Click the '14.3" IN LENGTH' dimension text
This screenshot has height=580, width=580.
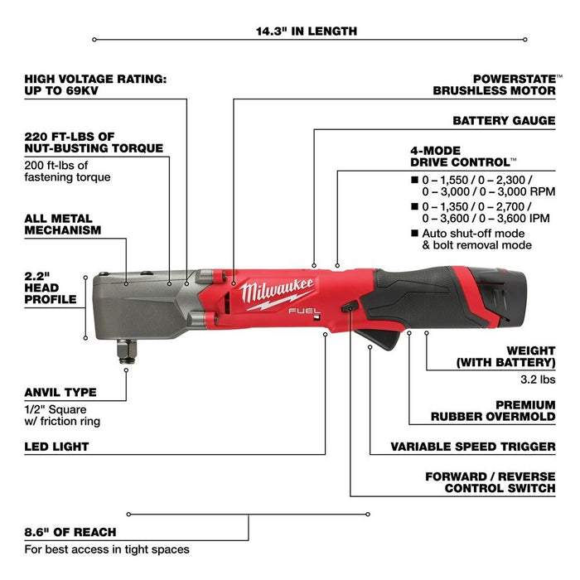click(307, 31)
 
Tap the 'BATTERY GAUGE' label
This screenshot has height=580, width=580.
click(504, 120)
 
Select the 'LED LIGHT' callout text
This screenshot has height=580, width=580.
click(57, 447)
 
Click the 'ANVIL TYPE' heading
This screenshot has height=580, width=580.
click(60, 392)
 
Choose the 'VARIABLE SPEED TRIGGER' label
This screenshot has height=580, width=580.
click(473, 447)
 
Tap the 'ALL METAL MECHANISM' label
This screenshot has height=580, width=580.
click(63, 224)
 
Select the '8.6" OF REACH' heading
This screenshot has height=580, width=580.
click(70, 531)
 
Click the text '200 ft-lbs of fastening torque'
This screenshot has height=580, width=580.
click(67, 171)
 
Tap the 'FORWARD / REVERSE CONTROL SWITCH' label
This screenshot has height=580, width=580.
click(490, 482)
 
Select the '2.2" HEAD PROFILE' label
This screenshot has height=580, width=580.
click(51, 286)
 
